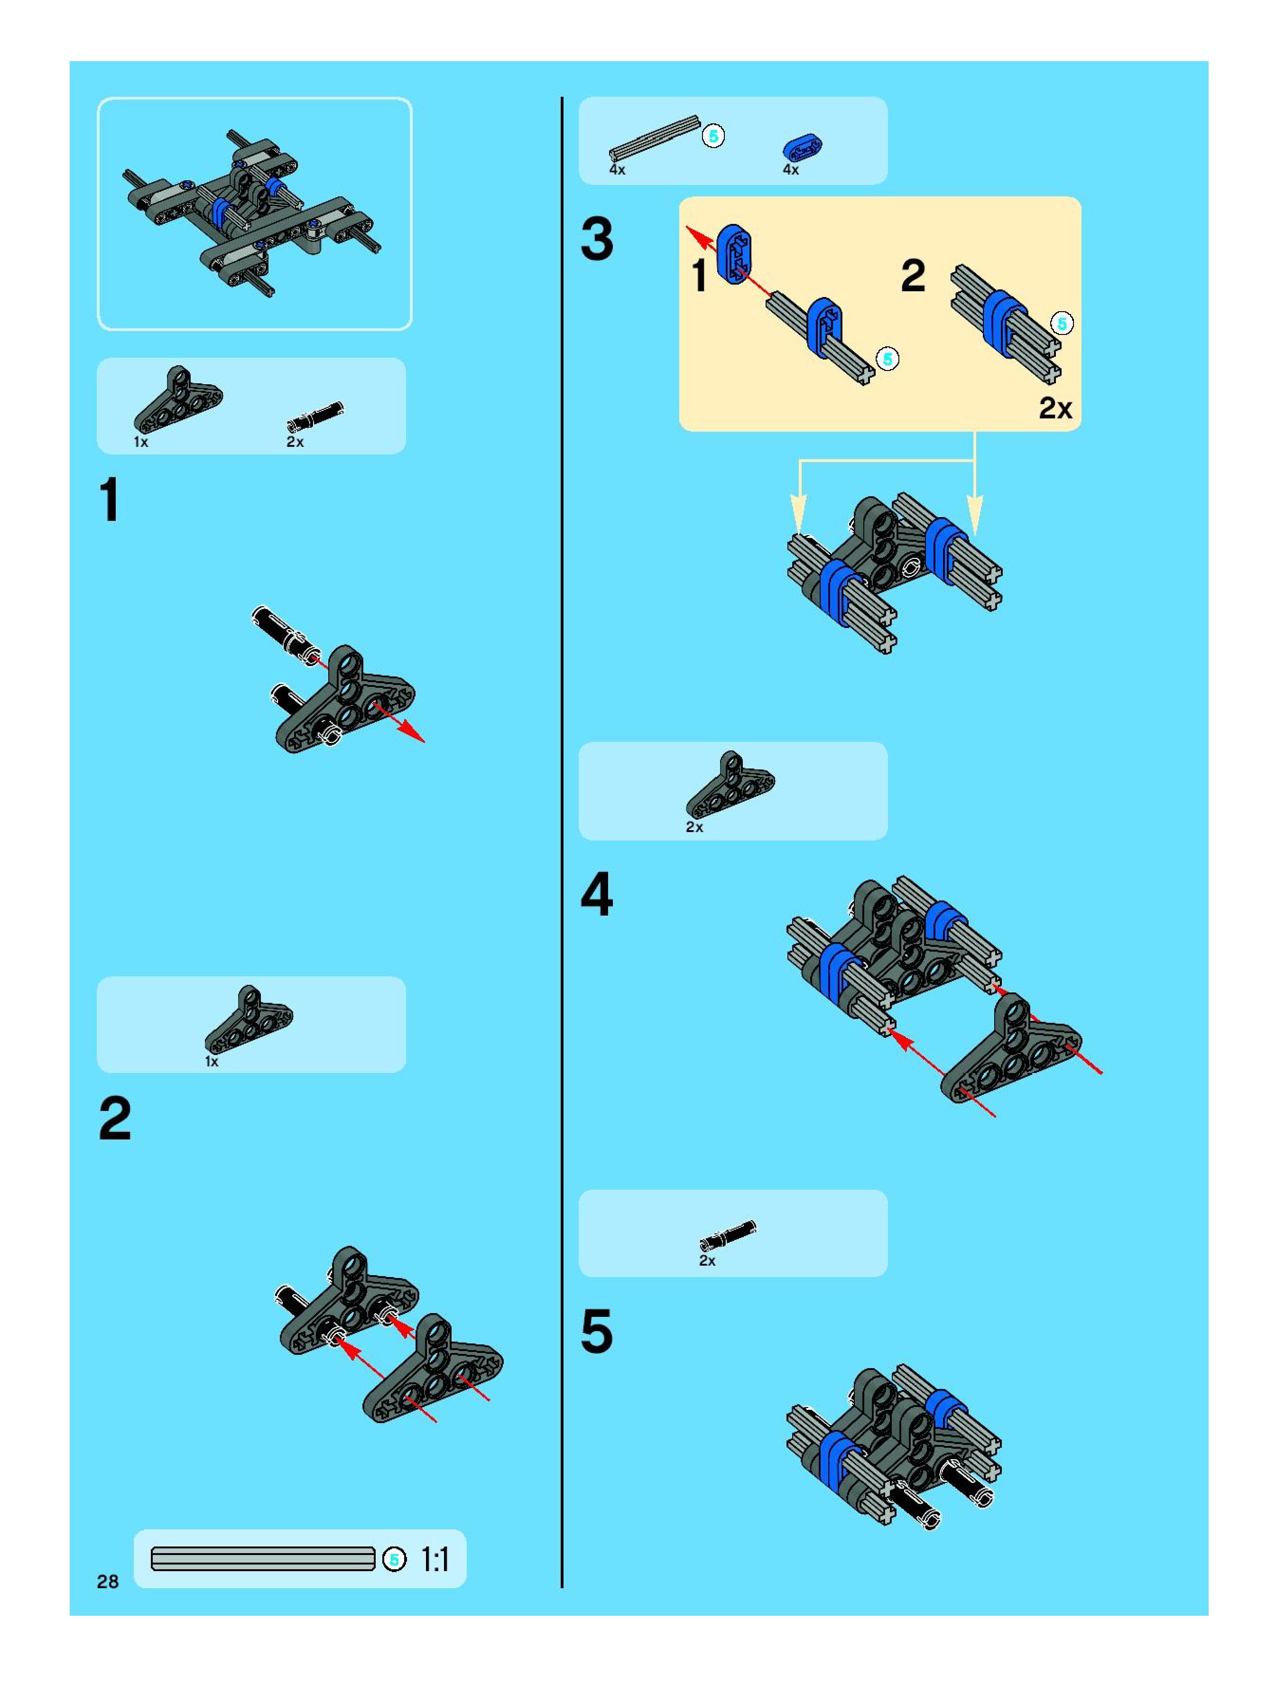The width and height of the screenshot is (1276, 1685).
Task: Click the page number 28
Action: pos(107,1582)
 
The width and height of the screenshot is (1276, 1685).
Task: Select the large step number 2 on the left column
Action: pos(115,1118)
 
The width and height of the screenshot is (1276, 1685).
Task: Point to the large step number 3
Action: pos(596,239)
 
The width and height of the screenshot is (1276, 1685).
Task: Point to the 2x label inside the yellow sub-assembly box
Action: pos(1055,408)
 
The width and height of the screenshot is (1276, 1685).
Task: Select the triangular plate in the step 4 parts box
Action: pos(730,785)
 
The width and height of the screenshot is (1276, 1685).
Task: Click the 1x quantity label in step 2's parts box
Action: pos(212,1061)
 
